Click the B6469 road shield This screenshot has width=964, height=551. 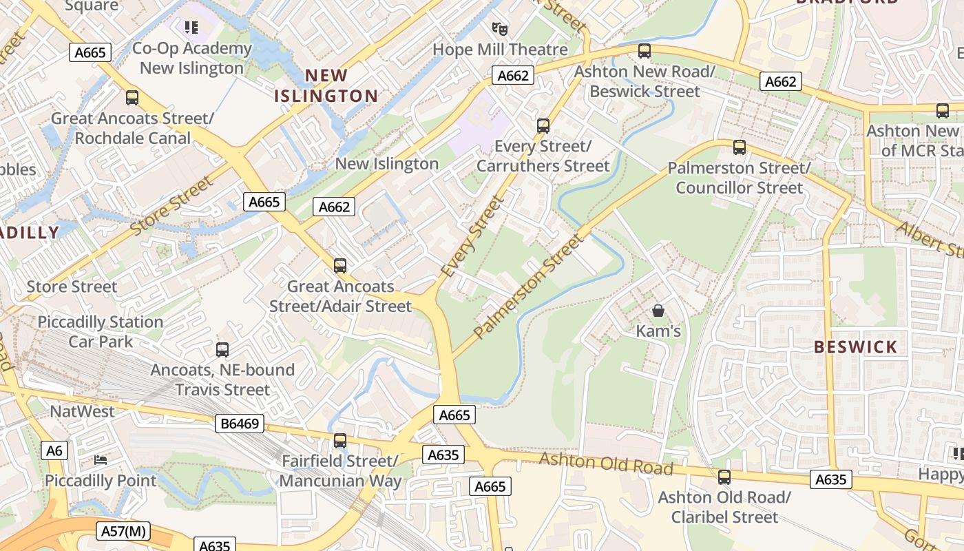[240, 424]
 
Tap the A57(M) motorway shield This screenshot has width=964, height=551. [124, 531]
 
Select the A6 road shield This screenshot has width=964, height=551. [54, 451]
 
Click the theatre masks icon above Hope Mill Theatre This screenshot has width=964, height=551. [500, 28]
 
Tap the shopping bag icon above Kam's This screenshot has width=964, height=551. [658, 311]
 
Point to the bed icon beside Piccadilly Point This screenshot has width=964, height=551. [101, 459]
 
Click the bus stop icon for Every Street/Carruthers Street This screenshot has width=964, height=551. [543, 125]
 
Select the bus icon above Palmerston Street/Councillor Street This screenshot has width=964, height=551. [740, 147]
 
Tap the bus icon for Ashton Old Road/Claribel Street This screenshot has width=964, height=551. [724, 477]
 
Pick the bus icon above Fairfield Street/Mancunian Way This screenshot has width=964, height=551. [340, 440]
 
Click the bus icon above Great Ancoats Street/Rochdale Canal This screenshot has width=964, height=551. [132, 97]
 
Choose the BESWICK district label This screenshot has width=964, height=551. [856, 347]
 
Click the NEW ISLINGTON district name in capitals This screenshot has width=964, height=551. [326, 85]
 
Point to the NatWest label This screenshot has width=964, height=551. [83, 411]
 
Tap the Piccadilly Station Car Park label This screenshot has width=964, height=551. [101, 331]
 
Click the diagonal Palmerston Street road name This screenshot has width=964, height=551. [528, 287]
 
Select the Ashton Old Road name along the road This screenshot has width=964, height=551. [606, 464]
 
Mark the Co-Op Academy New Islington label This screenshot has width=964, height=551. [191, 58]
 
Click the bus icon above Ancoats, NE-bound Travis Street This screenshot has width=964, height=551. [222, 349]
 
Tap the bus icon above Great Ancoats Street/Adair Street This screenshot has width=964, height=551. [340, 265]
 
